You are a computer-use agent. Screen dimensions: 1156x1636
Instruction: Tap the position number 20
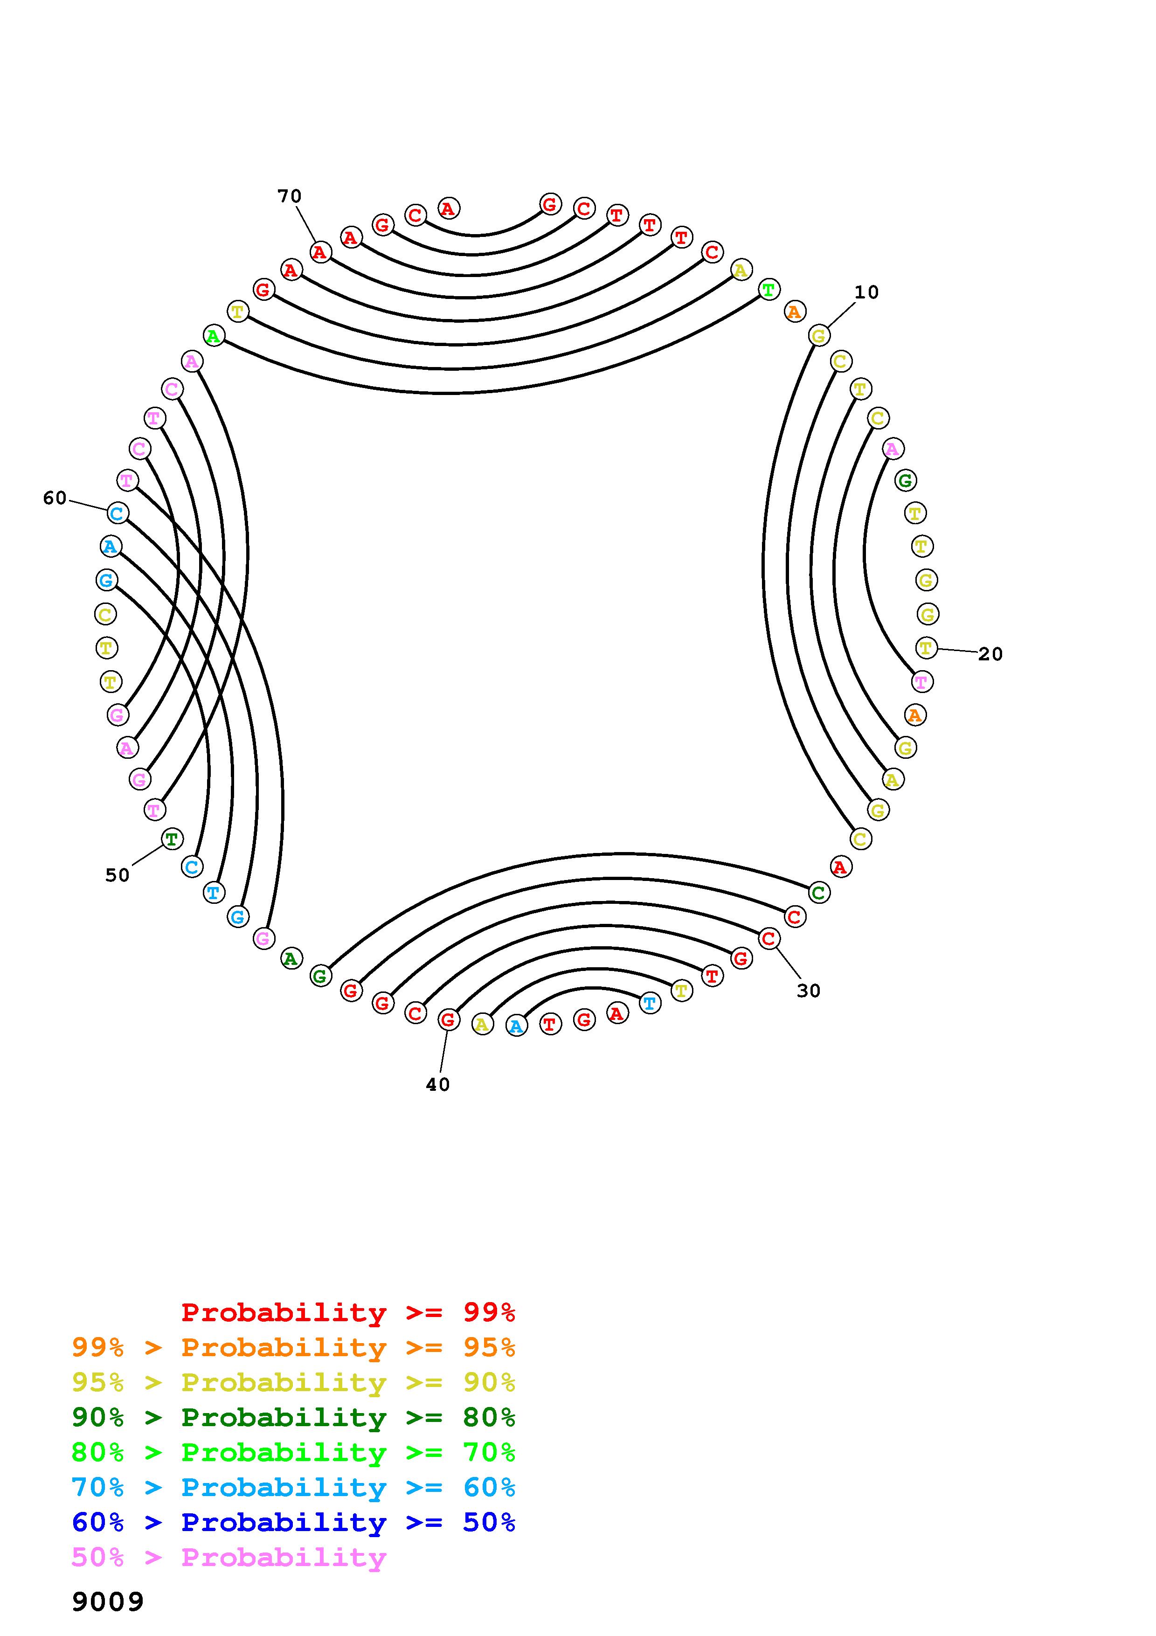pos(990,654)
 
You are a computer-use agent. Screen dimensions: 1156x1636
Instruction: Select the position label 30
pos(809,991)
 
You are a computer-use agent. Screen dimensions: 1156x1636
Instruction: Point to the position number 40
pos(437,1084)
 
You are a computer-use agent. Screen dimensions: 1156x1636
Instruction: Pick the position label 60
pos(55,498)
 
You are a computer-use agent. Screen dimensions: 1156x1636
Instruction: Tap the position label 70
pos(289,196)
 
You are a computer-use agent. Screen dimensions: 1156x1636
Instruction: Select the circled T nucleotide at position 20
pos(926,648)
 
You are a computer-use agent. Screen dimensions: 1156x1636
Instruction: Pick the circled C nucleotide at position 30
pos(768,938)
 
